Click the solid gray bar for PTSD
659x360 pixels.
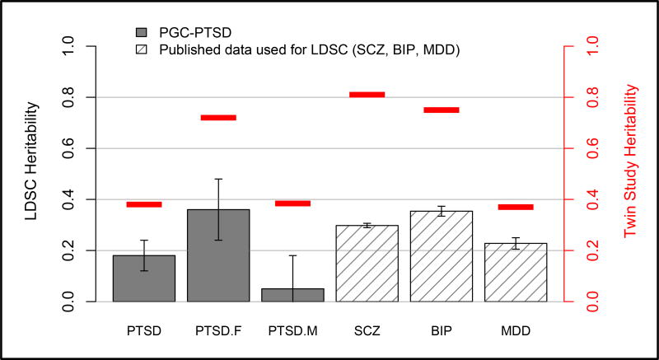[x=144, y=278]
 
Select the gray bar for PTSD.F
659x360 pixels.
[x=218, y=255]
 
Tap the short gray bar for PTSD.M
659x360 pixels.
[x=292, y=294]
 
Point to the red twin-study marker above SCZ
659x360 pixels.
[x=367, y=95]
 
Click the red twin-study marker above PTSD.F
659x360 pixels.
[x=218, y=118]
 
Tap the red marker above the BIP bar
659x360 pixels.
[x=442, y=110]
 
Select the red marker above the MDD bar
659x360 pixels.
[x=516, y=207]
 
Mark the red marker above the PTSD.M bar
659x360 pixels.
[x=292, y=203]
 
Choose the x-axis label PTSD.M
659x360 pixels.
[x=292, y=331]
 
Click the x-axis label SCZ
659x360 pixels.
[x=367, y=331]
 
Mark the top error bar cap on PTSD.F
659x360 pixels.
[x=218, y=179]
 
